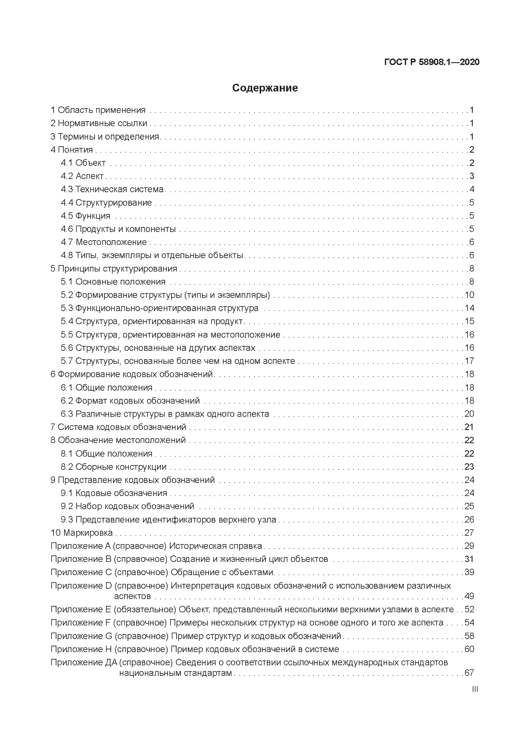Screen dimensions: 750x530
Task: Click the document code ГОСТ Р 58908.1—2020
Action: [x=432, y=62]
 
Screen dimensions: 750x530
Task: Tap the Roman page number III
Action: [x=475, y=689]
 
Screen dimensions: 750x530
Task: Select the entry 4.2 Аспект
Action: [x=82, y=176]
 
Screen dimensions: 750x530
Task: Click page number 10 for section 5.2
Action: [x=469, y=295]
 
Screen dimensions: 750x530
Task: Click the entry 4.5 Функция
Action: [x=85, y=216]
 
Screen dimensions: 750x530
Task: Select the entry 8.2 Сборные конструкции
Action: [x=114, y=467]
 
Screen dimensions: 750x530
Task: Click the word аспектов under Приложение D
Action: [x=132, y=596]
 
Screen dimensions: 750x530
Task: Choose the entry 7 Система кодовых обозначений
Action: [x=118, y=427]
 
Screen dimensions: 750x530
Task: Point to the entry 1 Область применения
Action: [x=98, y=110]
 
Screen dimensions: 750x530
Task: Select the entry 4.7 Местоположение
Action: [x=104, y=242]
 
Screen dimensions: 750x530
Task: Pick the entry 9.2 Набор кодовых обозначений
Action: [x=128, y=506]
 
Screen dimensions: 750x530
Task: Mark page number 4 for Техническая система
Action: [x=471, y=189]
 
